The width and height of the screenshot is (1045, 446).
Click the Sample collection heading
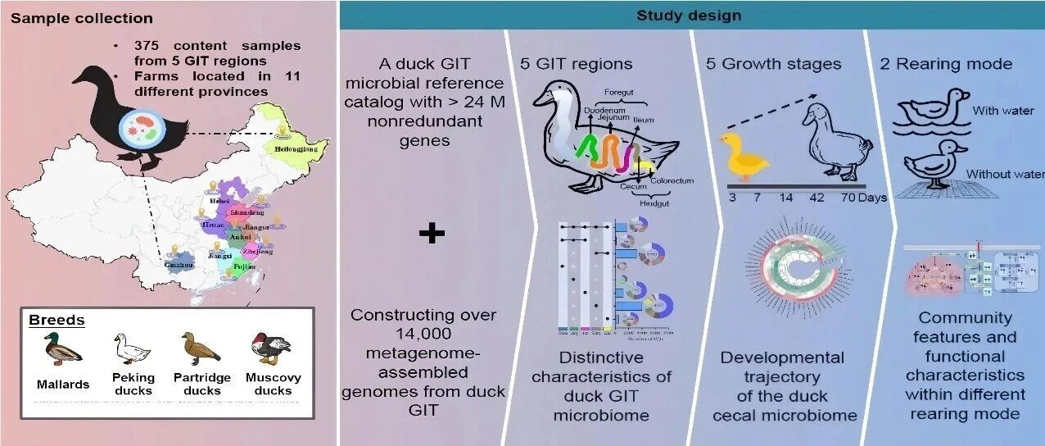[82, 18]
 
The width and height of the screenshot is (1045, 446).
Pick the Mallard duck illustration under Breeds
[63, 349]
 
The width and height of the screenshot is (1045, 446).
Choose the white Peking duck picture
[132, 349]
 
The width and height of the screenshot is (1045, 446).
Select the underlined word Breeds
[57, 320]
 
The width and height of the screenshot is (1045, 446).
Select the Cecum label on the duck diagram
[632, 187]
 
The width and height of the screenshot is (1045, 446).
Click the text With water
[1003, 111]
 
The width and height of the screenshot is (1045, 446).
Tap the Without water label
[1005, 175]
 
